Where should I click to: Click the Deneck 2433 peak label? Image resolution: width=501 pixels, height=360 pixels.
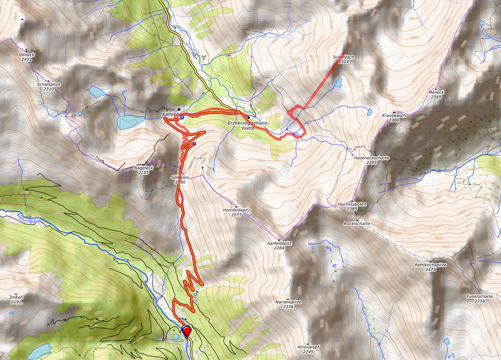[x=27, y=56]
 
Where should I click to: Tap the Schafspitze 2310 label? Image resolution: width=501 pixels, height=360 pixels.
[x=49, y=87]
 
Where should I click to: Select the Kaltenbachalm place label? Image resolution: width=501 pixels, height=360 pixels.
[x=179, y=115]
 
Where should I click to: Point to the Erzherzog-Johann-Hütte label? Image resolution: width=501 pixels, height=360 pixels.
[x=248, y=125]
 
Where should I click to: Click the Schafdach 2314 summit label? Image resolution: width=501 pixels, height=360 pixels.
[x=344, y=59]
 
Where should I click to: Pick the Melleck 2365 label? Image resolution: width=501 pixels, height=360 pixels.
[x=436, y=95]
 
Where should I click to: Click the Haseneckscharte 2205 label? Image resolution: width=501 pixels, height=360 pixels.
[x=372, y=160]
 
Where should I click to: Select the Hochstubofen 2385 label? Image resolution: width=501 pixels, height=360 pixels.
[x=352, y=206]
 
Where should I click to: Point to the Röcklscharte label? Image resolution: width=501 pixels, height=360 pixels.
[x=357, y=223]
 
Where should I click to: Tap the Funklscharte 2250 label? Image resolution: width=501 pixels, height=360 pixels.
[x=479, y=299]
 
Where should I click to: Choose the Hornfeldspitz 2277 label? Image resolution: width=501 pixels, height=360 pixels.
[x=237, y=212]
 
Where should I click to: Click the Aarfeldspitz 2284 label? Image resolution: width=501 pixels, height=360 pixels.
[x=279, y=245]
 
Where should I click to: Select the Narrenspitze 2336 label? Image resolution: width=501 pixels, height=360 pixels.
[x=288, y=304]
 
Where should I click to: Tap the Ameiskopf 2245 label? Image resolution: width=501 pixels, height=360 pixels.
[x=308, y=349]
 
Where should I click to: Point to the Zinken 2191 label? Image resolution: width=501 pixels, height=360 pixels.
[x=16, y=300]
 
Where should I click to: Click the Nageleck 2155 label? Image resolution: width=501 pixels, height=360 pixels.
[x=144, y=170]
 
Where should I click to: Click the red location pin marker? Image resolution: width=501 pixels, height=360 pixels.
[x=187, y=331]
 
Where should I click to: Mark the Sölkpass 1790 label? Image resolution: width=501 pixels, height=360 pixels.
[x=180, y=180]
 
